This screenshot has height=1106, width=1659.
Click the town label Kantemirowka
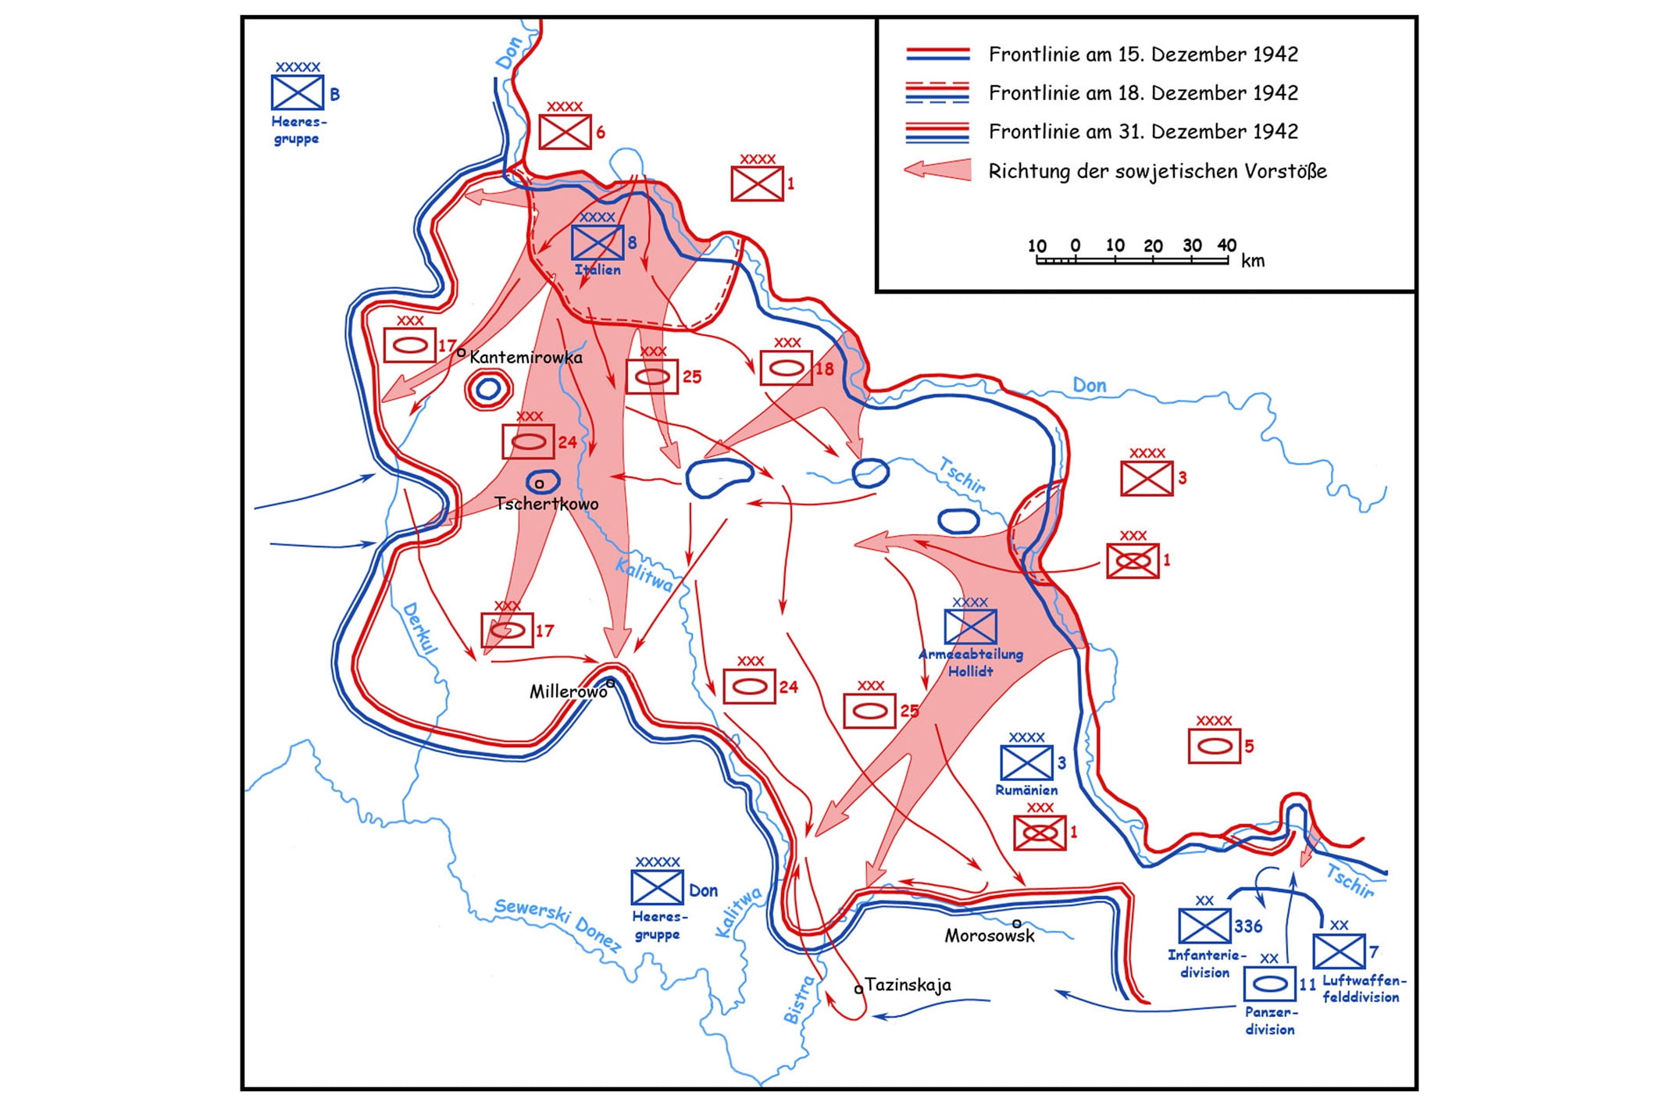point(526,358)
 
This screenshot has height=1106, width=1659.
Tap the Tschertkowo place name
point(547,504)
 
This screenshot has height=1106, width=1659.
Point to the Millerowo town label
point(568,692)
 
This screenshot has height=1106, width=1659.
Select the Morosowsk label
point(990,936)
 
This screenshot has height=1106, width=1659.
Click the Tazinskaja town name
point(908,985)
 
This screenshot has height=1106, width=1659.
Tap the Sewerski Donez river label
point(558,926)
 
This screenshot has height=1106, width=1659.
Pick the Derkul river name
point(419,628)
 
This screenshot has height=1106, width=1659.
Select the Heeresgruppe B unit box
point(298,93)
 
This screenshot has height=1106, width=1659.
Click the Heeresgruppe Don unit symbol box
point(658,888)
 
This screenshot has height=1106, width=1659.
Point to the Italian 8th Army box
point(598,242)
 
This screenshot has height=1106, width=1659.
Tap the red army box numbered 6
point(565,132)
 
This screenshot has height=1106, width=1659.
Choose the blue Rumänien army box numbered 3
point(1026,763)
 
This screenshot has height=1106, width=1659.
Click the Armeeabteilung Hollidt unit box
point(970,626)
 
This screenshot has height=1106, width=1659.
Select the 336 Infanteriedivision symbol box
point(1204,926)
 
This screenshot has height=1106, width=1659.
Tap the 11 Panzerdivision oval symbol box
point(1269,984)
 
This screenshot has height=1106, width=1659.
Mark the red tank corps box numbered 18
point(787,368)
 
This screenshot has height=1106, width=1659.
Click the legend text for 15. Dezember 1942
point(1143,55)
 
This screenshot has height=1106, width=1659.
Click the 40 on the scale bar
point(1226,246)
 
